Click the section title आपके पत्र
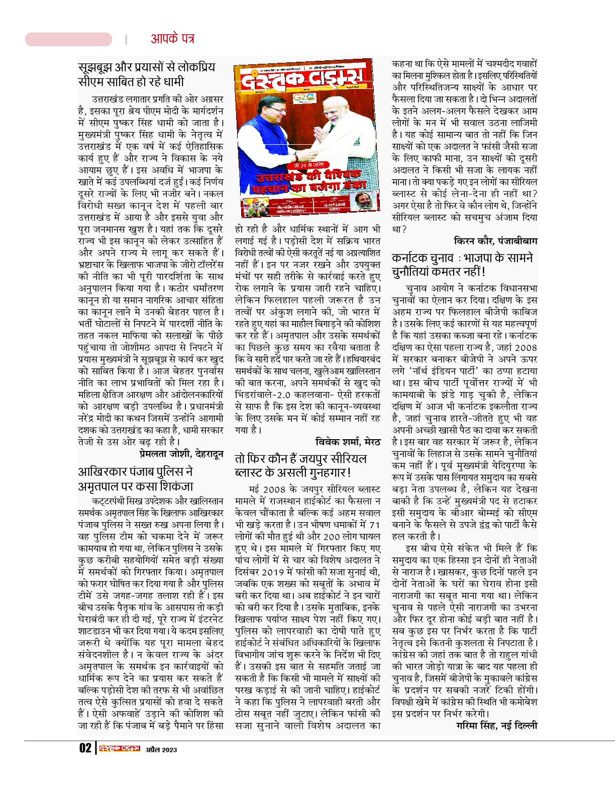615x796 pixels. pyautogui.click(x=172, y=39)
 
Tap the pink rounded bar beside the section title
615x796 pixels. pyautogui.click(x=68, y=39)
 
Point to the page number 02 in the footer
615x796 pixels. pyautogui.click(x=85, y=749)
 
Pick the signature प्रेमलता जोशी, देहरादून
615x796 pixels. pyautogui.click(x=181, y=454)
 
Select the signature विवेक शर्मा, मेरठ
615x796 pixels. pyautogui.click(x=348, y=442)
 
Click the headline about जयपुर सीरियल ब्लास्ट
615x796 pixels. pyautogui.click(x=300, y=466)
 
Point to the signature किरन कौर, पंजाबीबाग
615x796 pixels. pyautogui.click(x=495, y=241)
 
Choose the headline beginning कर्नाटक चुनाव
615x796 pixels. pyautogui.click(x=462, y=265)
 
